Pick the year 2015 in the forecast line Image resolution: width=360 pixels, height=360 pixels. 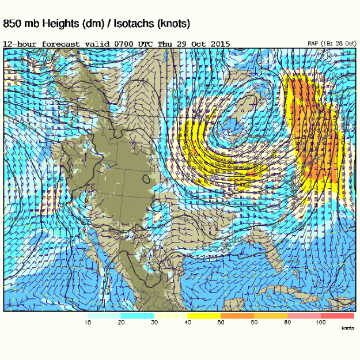click(221, 44)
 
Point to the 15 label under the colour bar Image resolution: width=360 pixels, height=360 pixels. click(88, 323)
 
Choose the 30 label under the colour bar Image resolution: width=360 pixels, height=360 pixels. click(154, 323)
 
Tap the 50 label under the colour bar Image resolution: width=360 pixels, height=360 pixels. click(221, 323)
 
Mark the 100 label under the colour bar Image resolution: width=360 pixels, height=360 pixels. click(320, 323)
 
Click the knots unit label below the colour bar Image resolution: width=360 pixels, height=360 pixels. click(347, 328)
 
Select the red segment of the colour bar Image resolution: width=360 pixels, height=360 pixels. click(338, 315)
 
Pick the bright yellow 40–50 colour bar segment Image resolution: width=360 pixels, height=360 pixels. click(204, 315)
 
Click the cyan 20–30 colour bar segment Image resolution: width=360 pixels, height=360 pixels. click(138, 315)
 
